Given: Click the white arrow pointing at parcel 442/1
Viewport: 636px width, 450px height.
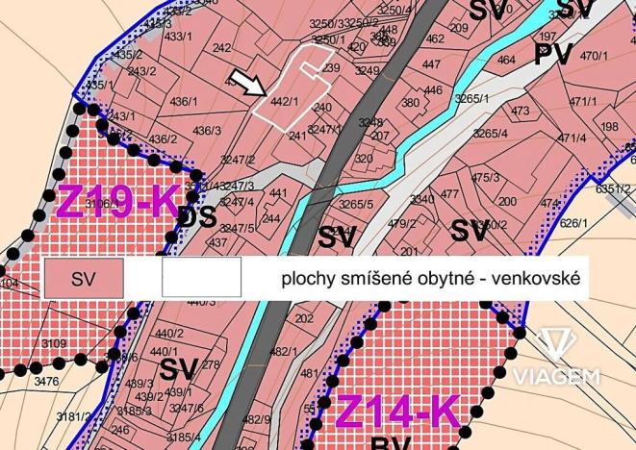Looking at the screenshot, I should point(249,85).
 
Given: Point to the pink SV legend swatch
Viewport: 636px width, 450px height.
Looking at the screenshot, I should point(84,279).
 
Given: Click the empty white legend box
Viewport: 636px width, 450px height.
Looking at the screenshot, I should point(202,279).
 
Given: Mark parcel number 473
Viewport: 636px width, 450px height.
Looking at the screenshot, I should point(521,111).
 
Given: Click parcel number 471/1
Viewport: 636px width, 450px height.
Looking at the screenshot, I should point(583,102).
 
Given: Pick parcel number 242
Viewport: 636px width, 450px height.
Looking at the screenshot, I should point(222,48).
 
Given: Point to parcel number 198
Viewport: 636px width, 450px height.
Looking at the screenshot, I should point(610,126).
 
